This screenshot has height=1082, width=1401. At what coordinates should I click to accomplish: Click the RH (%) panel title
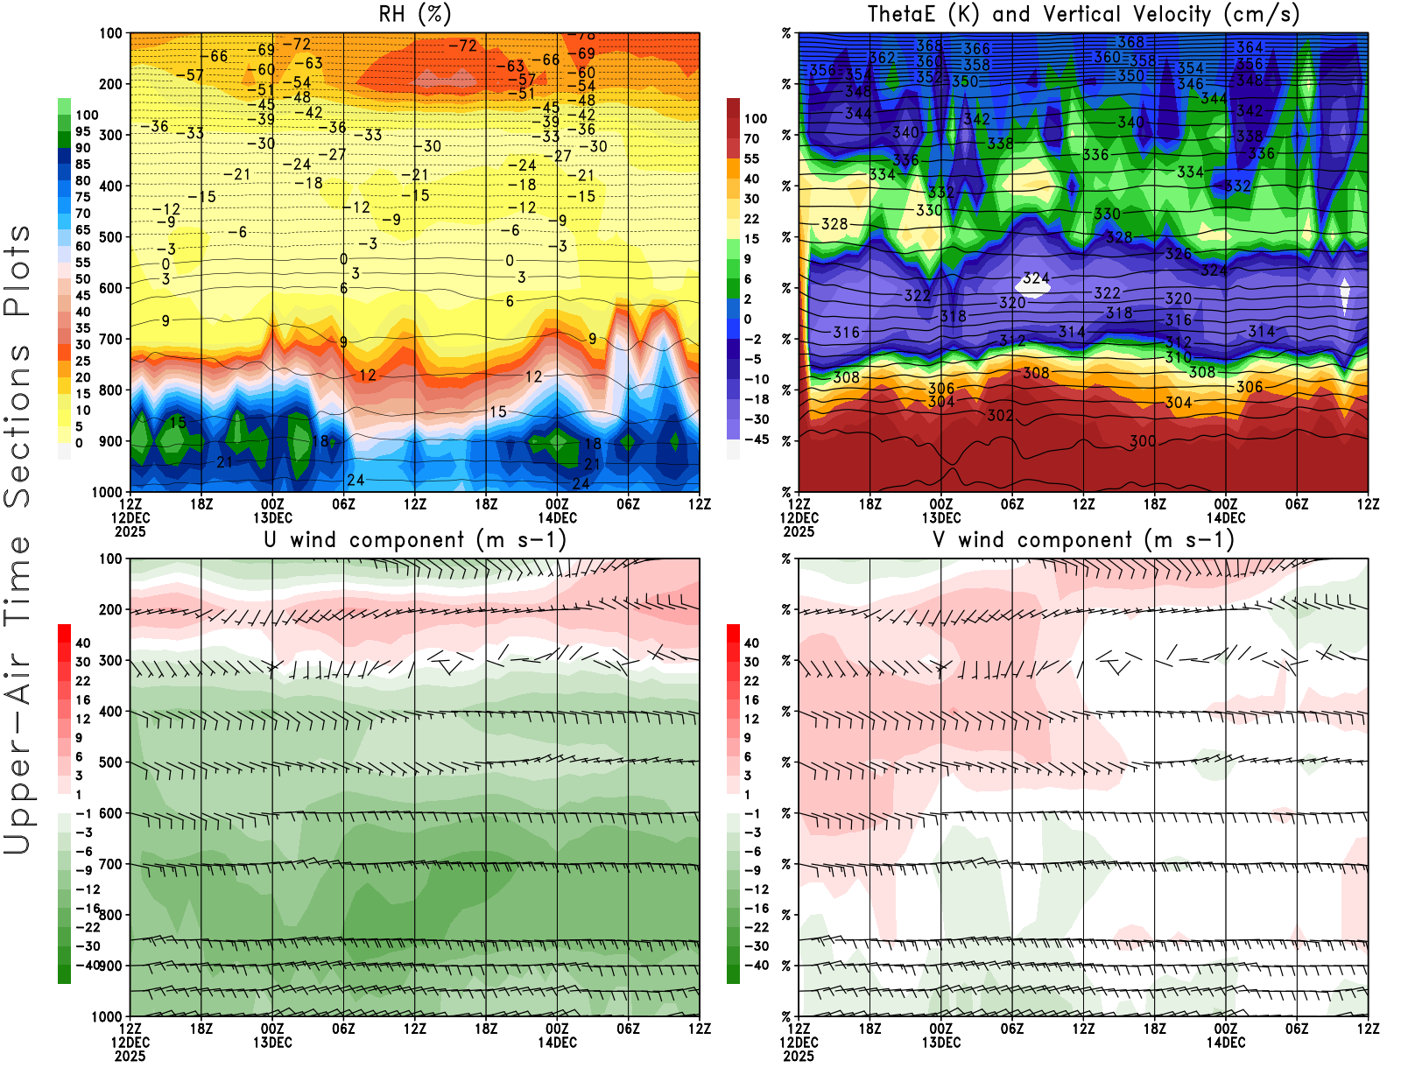pyautogui.click(x=414, y=15)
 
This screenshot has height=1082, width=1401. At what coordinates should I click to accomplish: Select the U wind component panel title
pyautogui.click(x=415, y=540)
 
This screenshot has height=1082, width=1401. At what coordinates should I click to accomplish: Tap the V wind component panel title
pyautogui.click(x=1083, y=540)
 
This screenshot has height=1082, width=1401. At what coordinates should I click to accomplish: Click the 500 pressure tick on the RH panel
pyautogui.click(x=110, y=237)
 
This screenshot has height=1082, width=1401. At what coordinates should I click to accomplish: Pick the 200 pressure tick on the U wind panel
pyautogui.click(x=110, y=610)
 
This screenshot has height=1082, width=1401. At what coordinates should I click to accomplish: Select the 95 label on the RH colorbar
pyautogui.click(x=82, y=131)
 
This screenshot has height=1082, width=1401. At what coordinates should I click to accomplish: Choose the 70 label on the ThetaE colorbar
pyautogui.click(x=751, y=138)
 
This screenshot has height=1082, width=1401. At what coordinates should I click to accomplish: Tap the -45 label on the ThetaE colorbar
pyautogui.click(x=756, y=439)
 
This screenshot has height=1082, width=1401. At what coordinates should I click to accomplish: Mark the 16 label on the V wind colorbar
pyautogui.click(x=751, y=700)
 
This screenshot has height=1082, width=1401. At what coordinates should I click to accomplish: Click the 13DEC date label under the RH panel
pyautogui.click(x=272, y=518)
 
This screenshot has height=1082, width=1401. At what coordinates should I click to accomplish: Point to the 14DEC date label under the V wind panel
pyautogui.click(x=1226, y=1043)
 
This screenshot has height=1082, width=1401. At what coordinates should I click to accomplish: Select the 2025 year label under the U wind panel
pyautogui.click(x=130, y=1056)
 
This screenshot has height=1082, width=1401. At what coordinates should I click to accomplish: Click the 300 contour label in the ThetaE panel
pyautogui.click(x=1142, y=441)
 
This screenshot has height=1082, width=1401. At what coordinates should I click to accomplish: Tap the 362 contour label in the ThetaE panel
pyautogui.click(x=882, y=59)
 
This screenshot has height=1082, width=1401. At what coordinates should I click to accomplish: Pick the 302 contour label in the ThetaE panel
pyautogui.click(x=1000, y=416)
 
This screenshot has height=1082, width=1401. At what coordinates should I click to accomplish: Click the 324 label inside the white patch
pyautogui.click(x=1036, y=278)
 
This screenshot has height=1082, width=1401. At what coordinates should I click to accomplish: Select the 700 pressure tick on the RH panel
pyautogui.click(x=110, y=339)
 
